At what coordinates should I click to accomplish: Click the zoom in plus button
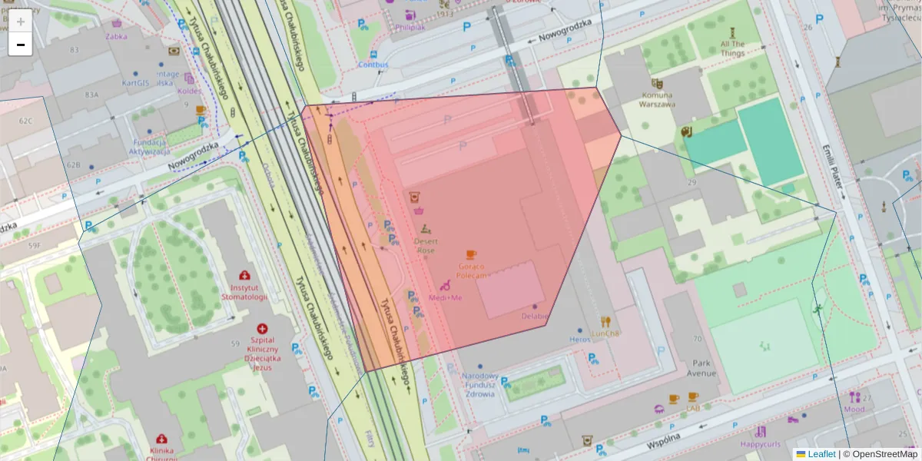21,21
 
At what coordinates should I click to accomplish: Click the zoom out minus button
21,44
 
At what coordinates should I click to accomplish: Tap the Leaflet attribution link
821,454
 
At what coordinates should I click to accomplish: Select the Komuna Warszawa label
657,100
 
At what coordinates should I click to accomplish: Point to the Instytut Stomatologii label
244,292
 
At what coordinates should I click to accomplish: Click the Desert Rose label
425,246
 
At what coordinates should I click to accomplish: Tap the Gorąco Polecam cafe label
471,270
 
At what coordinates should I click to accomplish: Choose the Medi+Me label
446,297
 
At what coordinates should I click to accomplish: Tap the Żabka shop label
117,35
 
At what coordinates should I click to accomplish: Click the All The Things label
732,48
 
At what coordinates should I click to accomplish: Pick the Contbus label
373,65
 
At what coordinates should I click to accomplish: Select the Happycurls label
760,444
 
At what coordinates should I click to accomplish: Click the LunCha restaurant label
605,333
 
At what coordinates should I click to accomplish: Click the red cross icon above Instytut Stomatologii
244,275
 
